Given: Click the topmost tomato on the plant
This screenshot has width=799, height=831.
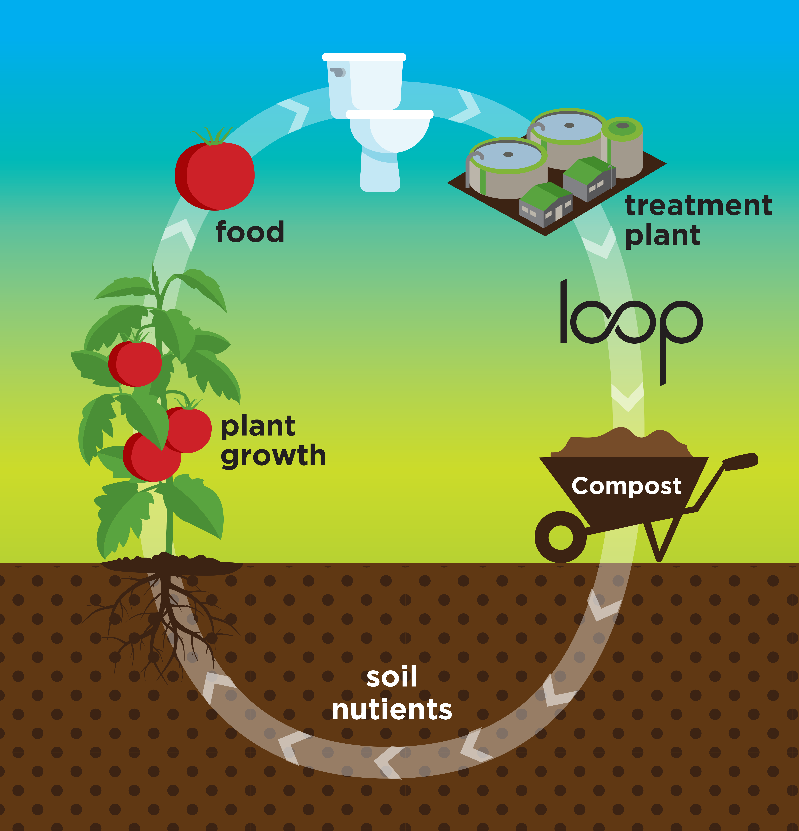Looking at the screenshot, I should coord(135,363).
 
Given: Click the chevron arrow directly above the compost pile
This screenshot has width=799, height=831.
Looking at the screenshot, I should coord(627,396).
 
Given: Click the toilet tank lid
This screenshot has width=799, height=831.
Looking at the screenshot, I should coord(364,57).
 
